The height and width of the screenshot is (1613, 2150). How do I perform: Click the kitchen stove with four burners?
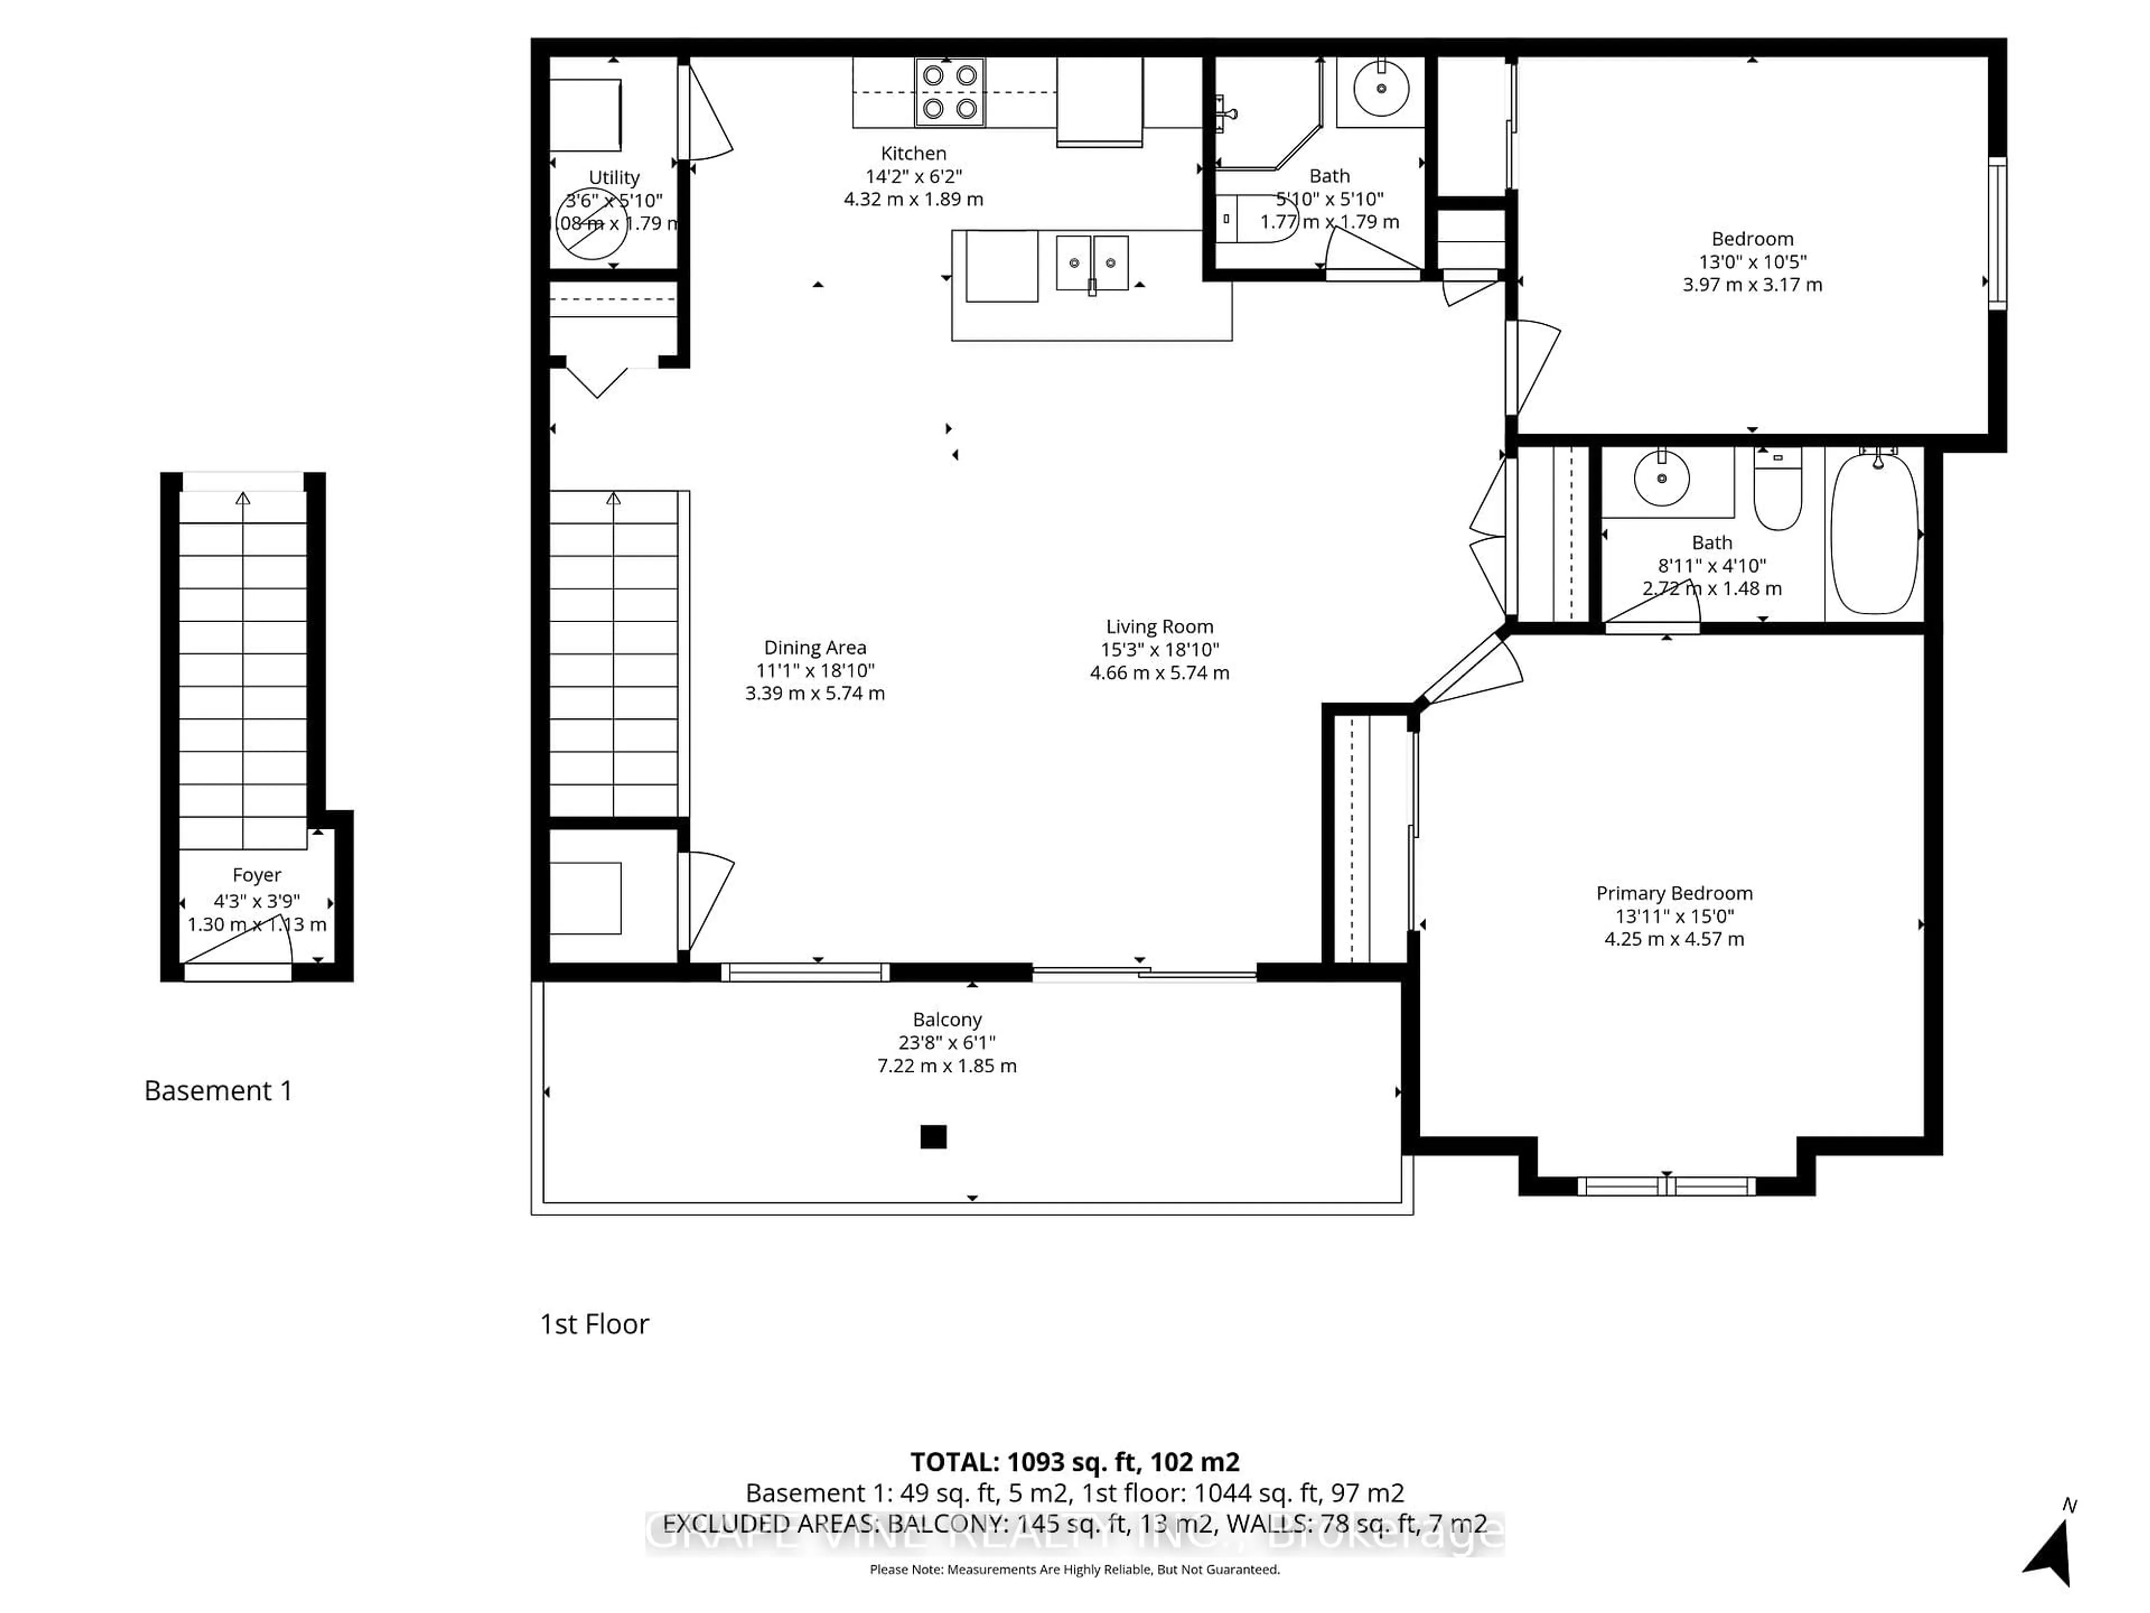(950, 92)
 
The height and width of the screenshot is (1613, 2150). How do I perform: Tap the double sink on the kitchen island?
(1092, 263)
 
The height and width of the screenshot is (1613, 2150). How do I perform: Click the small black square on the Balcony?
(933, 1136)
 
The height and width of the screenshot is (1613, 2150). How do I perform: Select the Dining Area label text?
(815, 647)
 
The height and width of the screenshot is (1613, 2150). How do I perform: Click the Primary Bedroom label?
(1674, 893)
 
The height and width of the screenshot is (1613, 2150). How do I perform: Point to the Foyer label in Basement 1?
(256, 875)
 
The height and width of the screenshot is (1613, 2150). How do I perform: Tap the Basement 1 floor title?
(218, 1090)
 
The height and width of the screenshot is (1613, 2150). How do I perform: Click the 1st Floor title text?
(594, 1323)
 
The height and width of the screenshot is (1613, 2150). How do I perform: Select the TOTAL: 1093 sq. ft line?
(1074, 1461)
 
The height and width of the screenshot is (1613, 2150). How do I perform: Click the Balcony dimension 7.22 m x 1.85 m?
(947, 1066)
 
